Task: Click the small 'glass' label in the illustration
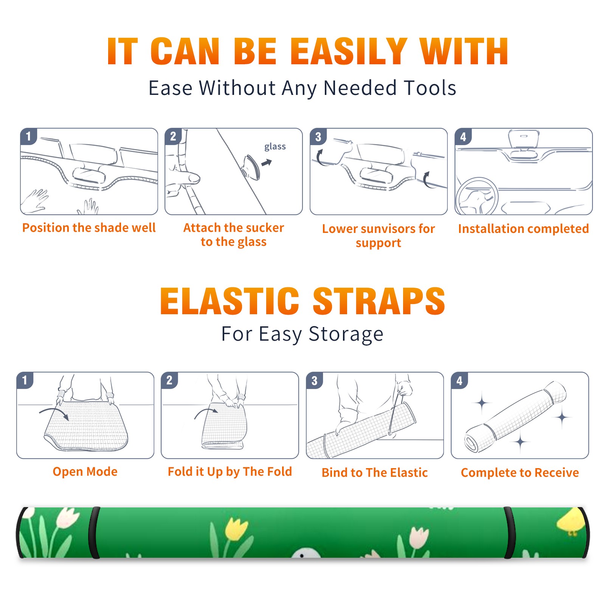[275, 147]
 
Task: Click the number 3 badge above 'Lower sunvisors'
[318, 137]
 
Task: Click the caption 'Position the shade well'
[89, 228]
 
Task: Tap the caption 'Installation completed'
[523, 228]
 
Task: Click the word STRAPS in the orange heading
[379, 301]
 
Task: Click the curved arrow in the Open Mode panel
[54, 413]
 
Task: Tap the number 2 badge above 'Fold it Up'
[169, 380]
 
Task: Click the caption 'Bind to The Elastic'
[374, 473]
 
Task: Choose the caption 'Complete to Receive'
[520, 473]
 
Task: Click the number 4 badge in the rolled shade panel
[459, 380]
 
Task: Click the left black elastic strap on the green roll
[94, 532]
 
